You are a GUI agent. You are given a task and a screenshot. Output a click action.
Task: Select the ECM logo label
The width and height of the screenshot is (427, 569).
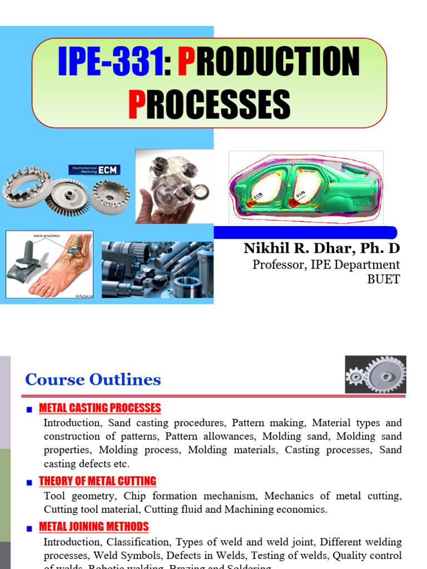(94, 170)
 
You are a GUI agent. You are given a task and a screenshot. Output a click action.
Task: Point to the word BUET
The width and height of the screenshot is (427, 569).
(383, 279)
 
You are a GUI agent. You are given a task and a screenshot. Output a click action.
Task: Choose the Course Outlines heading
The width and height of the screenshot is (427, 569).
(93, 380)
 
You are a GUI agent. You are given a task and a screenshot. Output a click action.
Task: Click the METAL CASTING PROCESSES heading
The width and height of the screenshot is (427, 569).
(100, 408)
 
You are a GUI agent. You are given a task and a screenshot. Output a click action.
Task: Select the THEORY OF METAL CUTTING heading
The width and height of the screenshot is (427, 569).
(97, 481)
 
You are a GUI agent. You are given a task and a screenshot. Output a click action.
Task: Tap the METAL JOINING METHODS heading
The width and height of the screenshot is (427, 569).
(94, 527)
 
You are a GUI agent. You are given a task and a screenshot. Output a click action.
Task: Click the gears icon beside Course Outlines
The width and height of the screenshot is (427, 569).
(375, 375)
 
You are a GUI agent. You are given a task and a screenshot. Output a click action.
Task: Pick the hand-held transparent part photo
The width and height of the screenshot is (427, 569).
(173, 186)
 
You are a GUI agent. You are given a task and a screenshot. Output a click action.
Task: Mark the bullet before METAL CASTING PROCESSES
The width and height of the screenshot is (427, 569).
(31, 410)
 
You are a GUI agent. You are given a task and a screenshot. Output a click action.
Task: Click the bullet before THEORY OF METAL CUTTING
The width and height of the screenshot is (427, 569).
(31, 483)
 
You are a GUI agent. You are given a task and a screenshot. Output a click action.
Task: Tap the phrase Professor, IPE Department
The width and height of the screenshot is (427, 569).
(326, 264)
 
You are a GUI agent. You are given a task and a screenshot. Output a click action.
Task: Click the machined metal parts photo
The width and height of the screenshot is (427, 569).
(157, 269)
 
